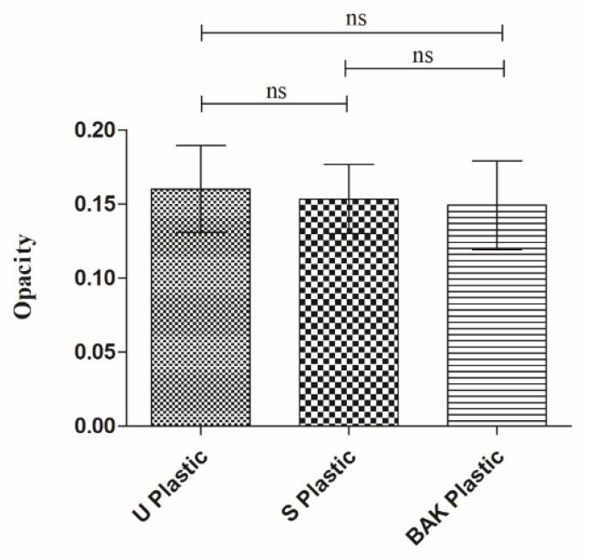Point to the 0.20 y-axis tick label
click(95, 130)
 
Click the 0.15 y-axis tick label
click(95, 204)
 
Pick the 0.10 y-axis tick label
click(95, 278)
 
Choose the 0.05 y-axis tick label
click(95, 352)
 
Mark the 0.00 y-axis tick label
click(95, 425)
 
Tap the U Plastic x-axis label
click(173, 478)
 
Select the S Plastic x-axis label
click(320, 478)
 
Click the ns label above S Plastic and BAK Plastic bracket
click(422, 57)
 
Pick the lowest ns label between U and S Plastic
click(275, 92)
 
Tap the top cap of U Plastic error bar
click(201, 146)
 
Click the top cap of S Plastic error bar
click(349, 165)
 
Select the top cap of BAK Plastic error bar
click(496, 160)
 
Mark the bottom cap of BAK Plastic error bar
click(496, 249)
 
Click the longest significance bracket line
click(352, 33)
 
